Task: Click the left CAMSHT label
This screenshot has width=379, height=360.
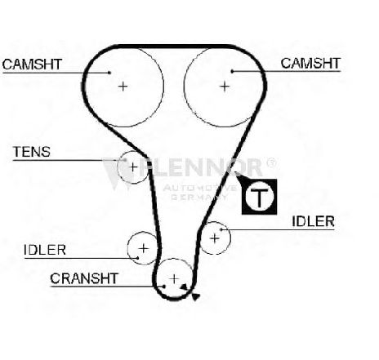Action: click(x=32, y=64)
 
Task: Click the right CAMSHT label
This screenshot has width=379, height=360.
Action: click(x=310, y=63)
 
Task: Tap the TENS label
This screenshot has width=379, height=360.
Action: click(x=32, y=152)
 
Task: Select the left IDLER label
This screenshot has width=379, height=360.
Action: click(x=45, y=250)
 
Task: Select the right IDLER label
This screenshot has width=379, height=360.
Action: click(x=313, y=221)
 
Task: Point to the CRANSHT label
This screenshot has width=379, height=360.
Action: click(x=84, y=278)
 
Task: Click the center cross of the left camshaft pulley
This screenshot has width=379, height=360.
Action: click(x=123, y=87)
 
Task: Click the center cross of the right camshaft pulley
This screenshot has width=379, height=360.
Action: click(x=225, y=87)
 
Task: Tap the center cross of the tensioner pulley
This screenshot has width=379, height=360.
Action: click(x=133, y=167)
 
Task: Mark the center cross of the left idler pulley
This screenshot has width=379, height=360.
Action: click(x=143, y=248)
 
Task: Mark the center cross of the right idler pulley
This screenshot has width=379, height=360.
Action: click(x=215, y=238)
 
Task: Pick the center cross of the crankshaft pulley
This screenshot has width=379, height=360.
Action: click(x=174, y=279)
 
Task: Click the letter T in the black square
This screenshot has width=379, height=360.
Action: click(x=259, y=197)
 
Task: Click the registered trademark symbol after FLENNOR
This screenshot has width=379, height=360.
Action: click(x=271, y=163)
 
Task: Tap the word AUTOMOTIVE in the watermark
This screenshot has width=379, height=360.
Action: click(x=200, y=188)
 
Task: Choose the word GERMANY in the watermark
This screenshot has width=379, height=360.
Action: click(x=199, y=197)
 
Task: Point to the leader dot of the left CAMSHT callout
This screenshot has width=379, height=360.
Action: click(x=109, y=73)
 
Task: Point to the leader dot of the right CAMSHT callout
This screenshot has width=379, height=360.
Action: click(x=232, y=71)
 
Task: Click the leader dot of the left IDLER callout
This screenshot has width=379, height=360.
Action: click(x=138, y=258)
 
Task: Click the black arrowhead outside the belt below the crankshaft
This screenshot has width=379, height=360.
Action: click(x=196, y=297)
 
